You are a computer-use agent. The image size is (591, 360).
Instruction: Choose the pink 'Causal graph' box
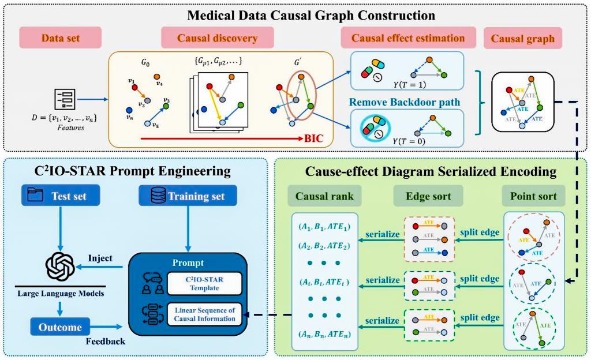[x=522, y=39]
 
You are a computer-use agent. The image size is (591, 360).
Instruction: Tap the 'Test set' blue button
[x=61, y=196]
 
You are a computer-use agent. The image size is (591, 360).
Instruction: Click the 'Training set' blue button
[x=188, y=196]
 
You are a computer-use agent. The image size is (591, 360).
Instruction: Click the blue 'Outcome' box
[x=59, y=327]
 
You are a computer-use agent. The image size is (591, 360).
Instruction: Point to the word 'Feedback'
[x=106, y=341]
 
